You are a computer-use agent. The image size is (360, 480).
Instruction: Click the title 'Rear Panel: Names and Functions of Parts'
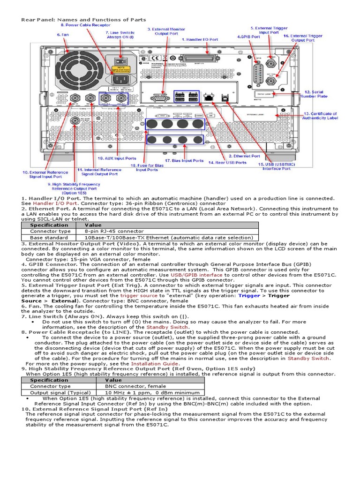click(x=83, y=20)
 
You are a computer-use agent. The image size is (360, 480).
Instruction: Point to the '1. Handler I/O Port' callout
click(x=200, y=40)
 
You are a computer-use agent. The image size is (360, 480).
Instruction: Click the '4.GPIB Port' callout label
click(x=248, y=36)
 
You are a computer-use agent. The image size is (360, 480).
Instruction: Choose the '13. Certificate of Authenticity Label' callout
click(x=320, y=116)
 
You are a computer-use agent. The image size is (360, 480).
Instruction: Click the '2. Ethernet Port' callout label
click(x=244, y=156)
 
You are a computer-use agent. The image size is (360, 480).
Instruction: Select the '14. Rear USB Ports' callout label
click(x=227, y=163)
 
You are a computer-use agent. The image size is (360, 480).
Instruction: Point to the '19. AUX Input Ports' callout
click(x=117, y=158)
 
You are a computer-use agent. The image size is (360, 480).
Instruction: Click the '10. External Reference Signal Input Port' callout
click(x=42, y=175)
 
